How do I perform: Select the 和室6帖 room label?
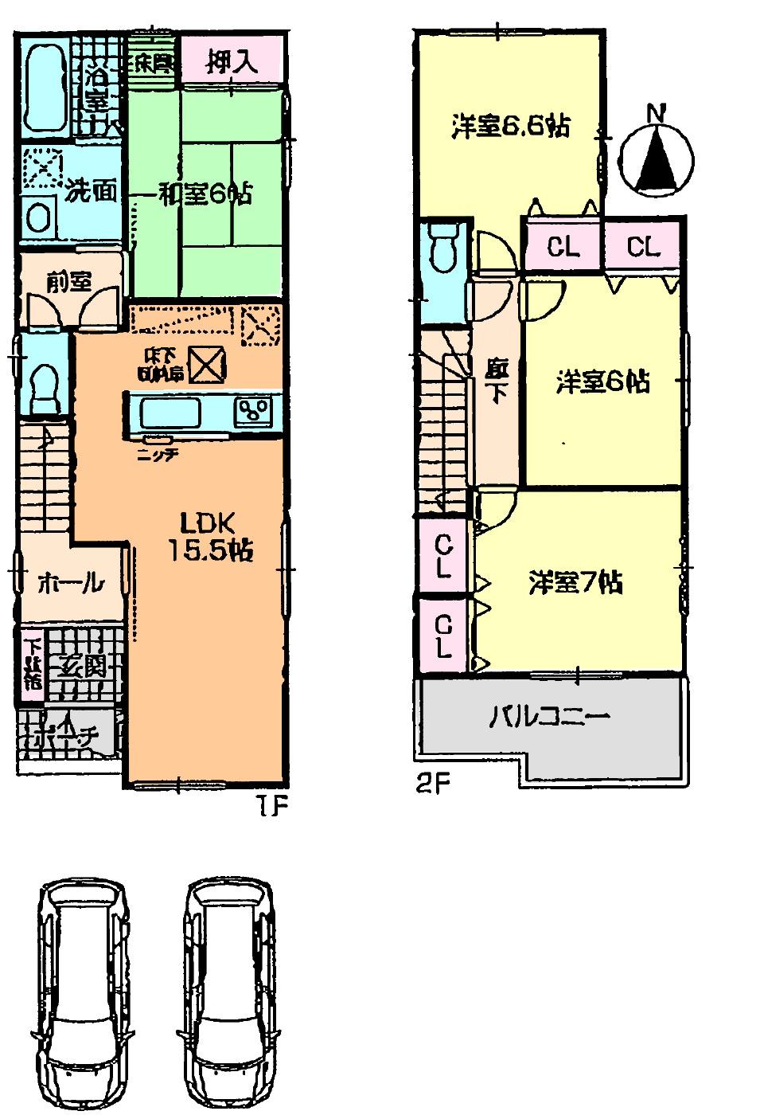[x=203, y=193]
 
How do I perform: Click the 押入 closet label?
[x=232, y=63]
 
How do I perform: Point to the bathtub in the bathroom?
[x=45, y=87]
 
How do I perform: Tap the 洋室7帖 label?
[x=575, y=582]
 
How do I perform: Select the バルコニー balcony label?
[x=548, y=718]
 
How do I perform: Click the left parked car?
[x=82, y=996]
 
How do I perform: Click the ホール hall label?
[x=70, y=583]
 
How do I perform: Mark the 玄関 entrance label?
[x=81, y=665]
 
